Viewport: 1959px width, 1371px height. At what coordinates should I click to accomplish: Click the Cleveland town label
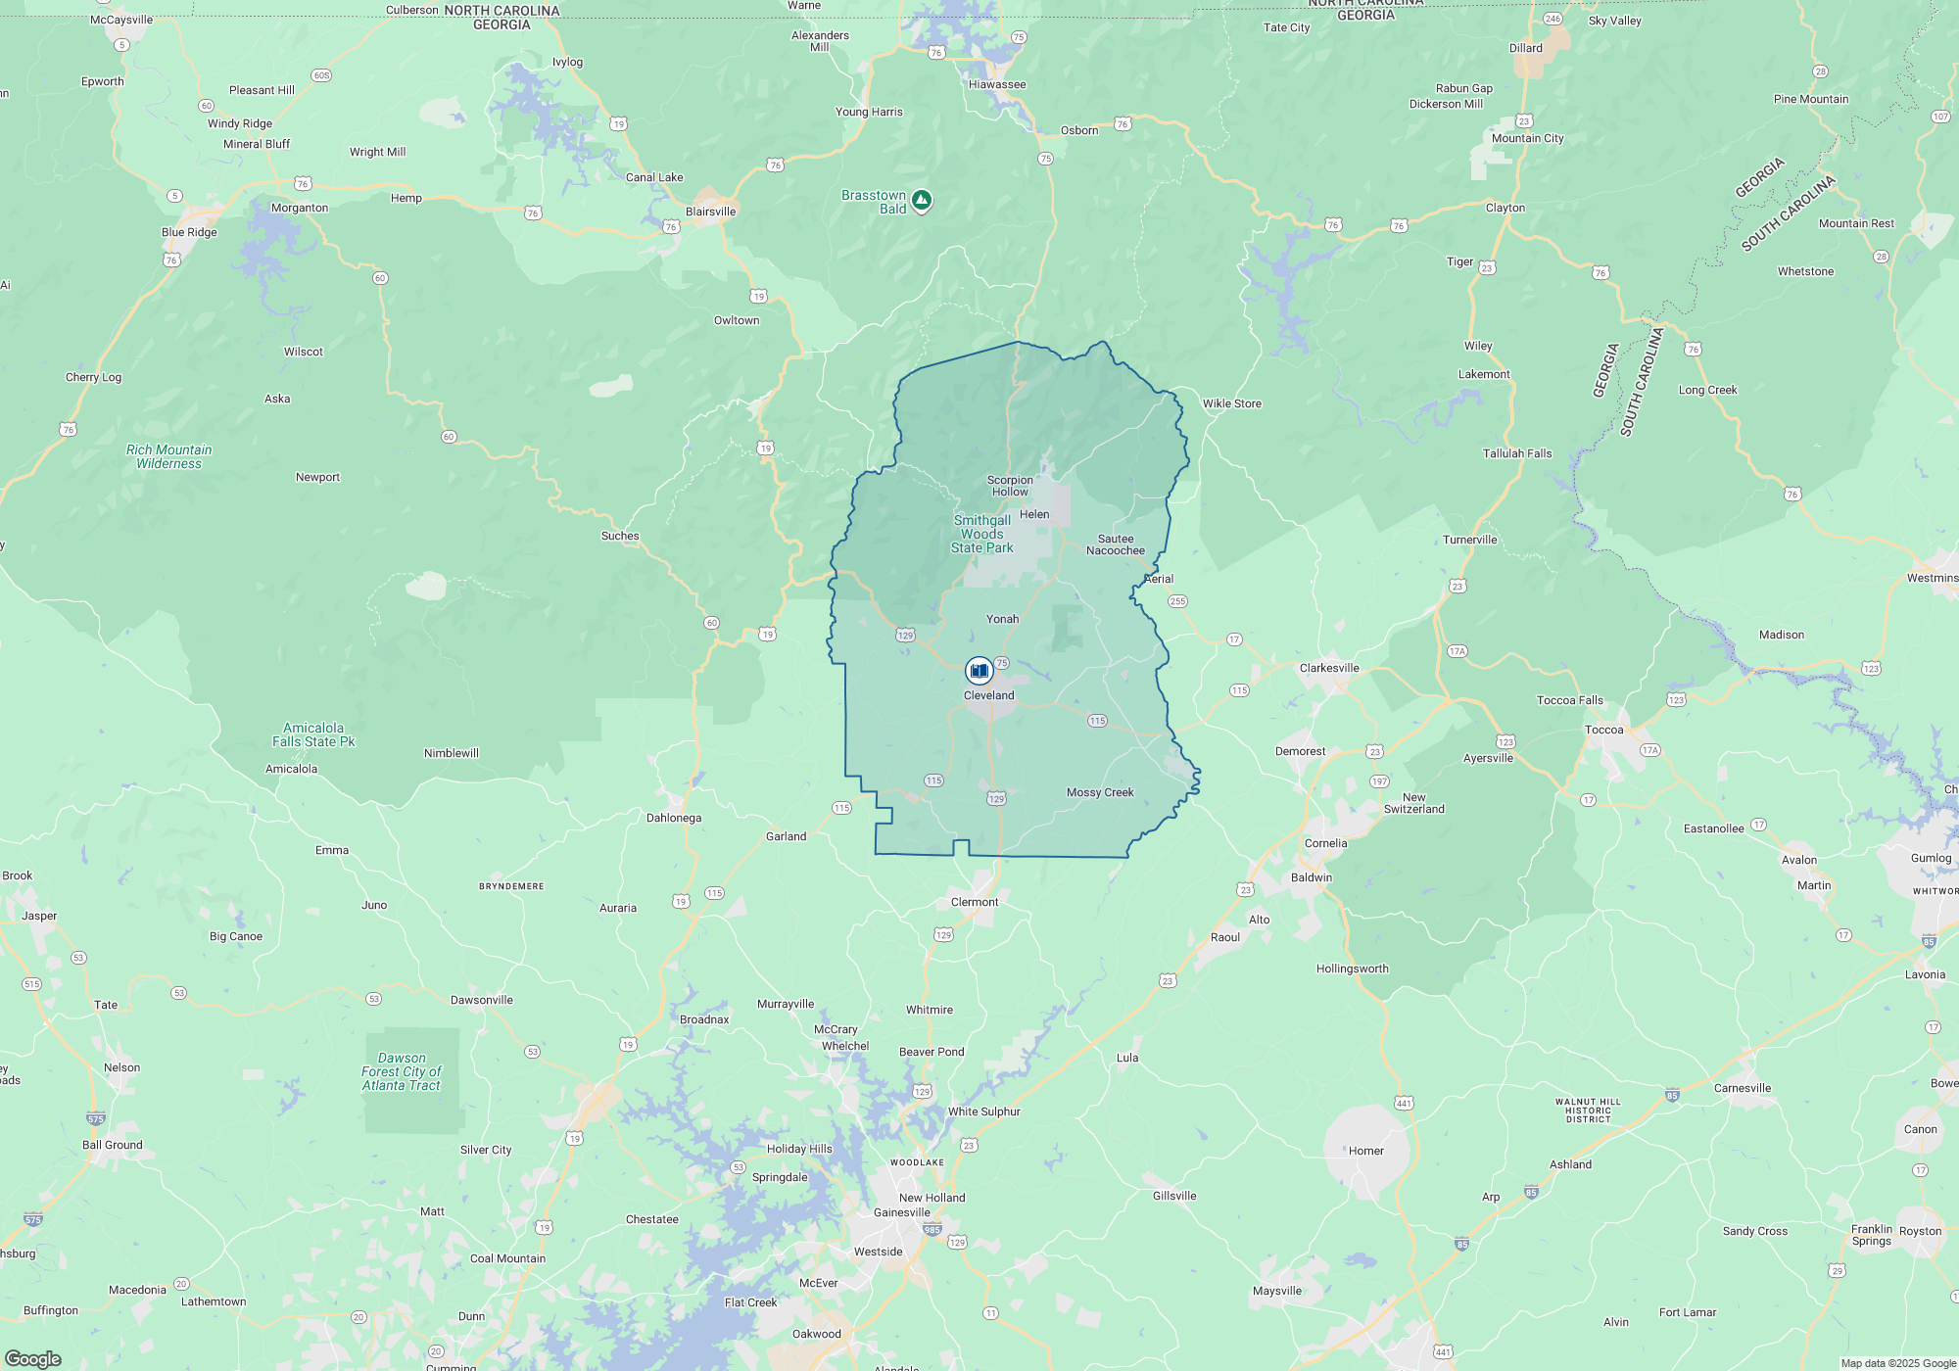click(x=988, y=695)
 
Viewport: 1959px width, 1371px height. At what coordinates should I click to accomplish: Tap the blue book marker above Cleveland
click(x=979, y=671)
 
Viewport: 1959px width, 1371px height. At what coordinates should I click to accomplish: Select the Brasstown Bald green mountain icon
click(x=921, y=201)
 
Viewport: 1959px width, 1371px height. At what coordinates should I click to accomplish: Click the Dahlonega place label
click(x=674, y=818)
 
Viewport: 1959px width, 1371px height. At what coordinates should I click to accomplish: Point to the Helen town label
click(x=1034, y=514)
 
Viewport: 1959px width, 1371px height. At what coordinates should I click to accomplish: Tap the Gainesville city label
click(x=901, y=1212)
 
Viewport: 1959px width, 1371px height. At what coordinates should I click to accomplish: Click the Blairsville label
click(x=710, y=212)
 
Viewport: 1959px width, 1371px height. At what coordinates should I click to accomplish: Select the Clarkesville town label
click(x=1329, y=668)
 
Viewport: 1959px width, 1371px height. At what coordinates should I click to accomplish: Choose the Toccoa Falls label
click(x=1569, y=700)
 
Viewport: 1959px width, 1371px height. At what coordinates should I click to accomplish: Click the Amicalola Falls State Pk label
click(x=313, y=734)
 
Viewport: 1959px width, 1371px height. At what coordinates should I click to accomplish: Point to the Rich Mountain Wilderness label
click(x=168, y=456)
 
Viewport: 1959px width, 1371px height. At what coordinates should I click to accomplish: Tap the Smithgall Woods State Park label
click(x=981, y=534)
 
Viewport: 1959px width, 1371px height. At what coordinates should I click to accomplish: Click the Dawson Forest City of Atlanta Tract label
click(x=402, y=1071)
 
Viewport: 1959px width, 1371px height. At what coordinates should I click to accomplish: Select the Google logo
click(x=33, y=1358)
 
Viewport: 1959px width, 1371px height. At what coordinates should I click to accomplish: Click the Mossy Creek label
click(x=1100, y=792)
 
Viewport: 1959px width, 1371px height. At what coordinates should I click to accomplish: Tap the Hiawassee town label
click(x=997, y=84)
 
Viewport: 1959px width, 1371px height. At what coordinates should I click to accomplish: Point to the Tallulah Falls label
click(x=1517, y=453)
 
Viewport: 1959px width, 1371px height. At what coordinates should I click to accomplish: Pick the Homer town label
click(x=1365, y=1151)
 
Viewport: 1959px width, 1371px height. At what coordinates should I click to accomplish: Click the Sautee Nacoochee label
click(x=1115, y=544)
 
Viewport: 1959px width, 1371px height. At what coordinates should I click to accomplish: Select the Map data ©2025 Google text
click(x=1897, y=1363)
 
